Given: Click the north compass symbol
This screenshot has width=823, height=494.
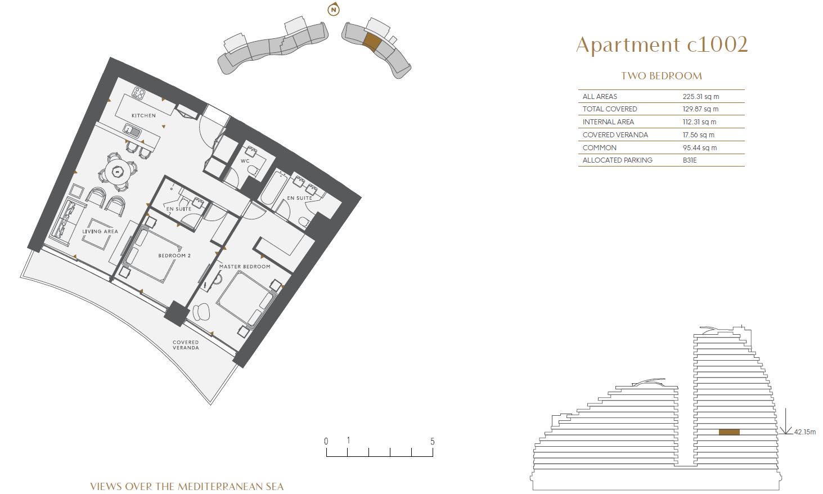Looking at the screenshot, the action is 334,10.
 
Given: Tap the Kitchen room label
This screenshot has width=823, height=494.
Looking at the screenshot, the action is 143,115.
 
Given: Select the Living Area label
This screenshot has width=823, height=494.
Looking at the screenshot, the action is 100,232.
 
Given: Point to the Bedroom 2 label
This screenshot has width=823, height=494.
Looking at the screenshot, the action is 174,255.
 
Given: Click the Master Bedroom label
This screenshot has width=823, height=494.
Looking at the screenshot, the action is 245,267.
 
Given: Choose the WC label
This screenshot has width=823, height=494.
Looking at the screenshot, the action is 245,161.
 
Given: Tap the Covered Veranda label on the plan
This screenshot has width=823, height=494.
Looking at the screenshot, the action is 186,345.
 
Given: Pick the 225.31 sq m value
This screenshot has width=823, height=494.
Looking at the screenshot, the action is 701,97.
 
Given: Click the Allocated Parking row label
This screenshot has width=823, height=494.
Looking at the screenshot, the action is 617,160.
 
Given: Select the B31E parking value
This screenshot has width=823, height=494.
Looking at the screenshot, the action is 690,160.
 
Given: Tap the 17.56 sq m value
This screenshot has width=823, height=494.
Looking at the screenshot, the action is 699,135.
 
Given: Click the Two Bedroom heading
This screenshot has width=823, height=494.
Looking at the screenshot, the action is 662,76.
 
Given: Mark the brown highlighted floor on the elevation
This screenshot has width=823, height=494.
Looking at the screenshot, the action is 729,432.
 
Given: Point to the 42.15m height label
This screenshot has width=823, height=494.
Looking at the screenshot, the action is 804,432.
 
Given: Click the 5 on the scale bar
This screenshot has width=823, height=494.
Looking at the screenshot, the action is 433,442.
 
